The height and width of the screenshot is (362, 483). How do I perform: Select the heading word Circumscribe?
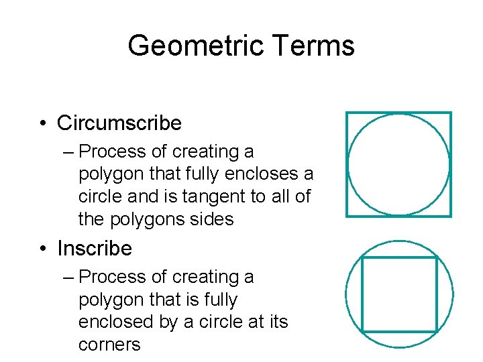[119, 123]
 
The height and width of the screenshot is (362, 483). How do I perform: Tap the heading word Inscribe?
[95, 248]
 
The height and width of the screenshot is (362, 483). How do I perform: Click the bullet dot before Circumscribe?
[42, 124]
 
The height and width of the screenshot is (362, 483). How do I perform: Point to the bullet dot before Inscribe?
[42, 249]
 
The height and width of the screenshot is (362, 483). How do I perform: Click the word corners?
[109, 345]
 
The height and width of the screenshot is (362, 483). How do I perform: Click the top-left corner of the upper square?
[347, 113]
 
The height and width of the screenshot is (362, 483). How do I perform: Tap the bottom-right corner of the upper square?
[450, 215]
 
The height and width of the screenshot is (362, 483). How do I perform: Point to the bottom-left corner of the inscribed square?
[363, 330]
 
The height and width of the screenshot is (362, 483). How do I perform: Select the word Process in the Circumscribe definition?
[117, 152]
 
